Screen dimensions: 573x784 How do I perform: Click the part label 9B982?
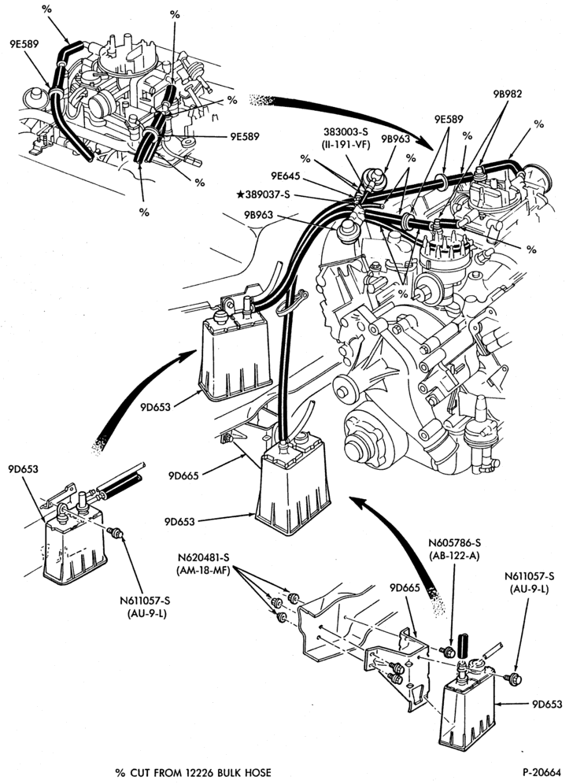tap(507, 93)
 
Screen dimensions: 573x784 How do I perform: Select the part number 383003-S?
tap(346, 131)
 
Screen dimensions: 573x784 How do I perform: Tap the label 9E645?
tap(285, 176)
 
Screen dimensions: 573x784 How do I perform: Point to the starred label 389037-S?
tap(263, 194)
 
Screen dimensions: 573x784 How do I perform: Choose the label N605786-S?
tap(454, 543)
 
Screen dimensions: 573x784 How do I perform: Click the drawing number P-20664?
tap(542, 773)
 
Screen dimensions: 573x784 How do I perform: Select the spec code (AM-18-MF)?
tap(203, 571)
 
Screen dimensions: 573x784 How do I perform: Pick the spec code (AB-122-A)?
tap(454, 556)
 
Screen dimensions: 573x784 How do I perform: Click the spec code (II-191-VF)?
tap(346, 145)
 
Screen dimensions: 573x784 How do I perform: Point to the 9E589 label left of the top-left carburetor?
tap(24, 43)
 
